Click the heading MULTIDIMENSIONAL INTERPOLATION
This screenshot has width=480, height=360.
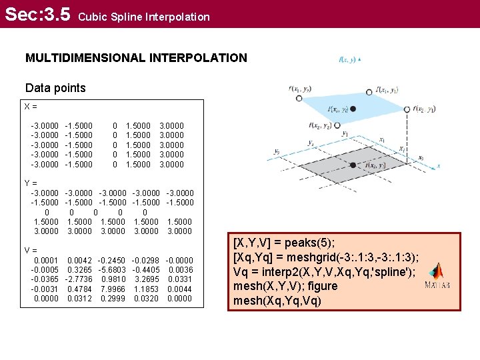[136, 58]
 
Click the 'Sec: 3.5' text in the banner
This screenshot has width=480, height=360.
[37, 14]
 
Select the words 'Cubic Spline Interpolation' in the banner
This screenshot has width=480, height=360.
[144, 17]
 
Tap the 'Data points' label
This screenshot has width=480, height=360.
[55, 88]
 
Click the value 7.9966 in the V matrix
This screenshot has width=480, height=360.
[112, 289]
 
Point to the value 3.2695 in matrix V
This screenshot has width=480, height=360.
[146, 279]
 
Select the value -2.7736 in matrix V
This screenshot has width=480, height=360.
[79, 279]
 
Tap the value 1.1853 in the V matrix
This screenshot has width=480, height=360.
[146, 289]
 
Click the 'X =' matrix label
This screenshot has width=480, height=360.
[31, 106]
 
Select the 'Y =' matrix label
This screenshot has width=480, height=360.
[31, 183]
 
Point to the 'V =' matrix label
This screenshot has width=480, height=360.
[31, 251]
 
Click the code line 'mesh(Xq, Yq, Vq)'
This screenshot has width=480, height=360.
[277, 301]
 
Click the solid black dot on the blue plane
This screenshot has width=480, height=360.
[353, 109]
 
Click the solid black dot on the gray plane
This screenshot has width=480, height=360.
[353, 165]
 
